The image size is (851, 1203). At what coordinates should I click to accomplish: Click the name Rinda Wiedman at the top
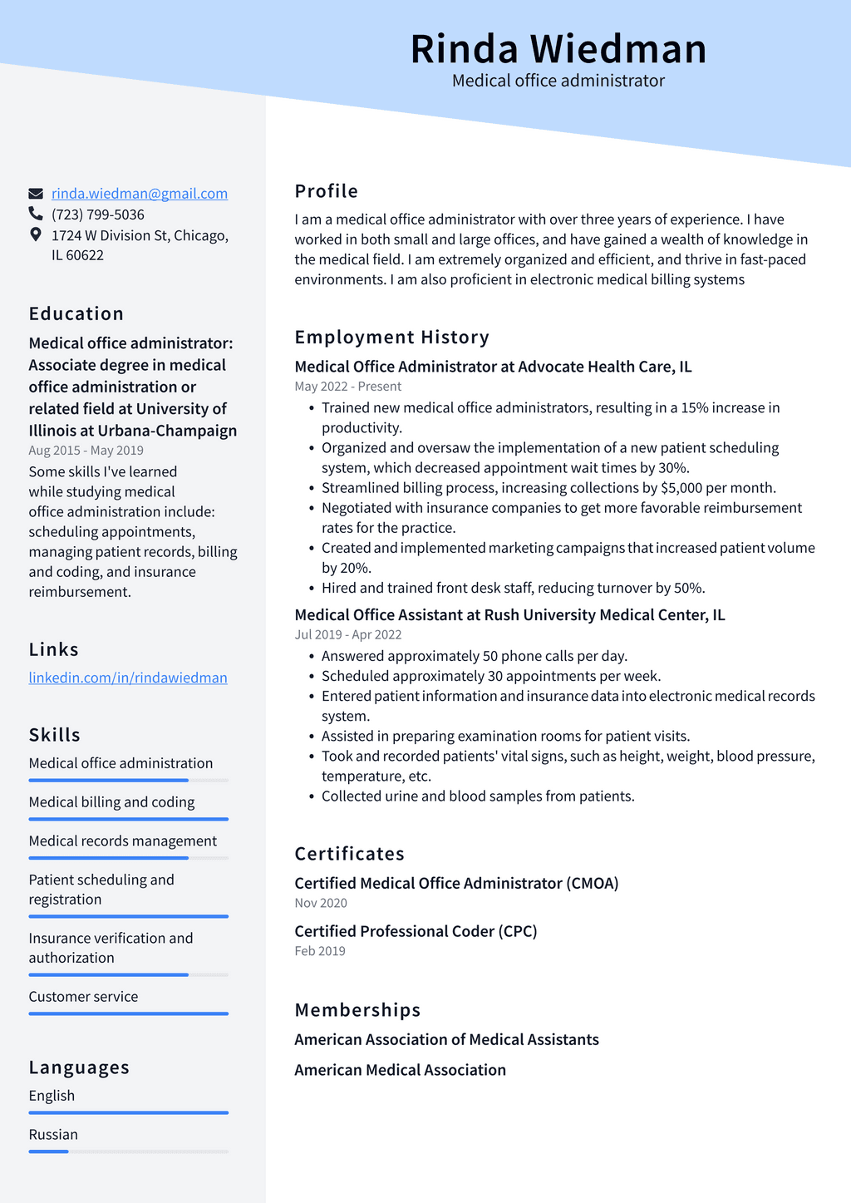point(558,49)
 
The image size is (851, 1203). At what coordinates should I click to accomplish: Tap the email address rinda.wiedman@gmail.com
point(140,194)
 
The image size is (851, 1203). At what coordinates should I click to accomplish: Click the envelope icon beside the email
point(36,194)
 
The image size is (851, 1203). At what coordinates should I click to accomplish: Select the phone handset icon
point(36,214)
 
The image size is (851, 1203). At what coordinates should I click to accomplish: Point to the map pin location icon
point(36,234)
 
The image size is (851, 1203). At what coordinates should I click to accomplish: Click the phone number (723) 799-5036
point(98,214)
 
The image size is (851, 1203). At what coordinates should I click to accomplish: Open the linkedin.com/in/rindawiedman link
point(128,678)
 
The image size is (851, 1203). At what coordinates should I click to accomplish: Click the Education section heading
point(76,313)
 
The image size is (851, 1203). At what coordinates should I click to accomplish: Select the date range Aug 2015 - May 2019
point(86,451)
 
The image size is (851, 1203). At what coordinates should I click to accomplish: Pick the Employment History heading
point(392,337)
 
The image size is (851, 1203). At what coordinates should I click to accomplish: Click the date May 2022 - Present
point(348,387)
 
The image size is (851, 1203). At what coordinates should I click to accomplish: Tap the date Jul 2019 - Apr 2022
point(348,634)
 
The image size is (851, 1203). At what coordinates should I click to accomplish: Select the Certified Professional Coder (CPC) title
point(416,931)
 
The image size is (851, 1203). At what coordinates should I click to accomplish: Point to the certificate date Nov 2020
point(321,903)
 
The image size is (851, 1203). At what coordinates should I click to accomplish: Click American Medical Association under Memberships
point(400,1070)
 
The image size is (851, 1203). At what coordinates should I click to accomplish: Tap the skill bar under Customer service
point(129,1013)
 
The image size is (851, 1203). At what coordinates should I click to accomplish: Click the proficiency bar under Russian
point(129,1151)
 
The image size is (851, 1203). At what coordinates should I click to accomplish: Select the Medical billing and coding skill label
point(112,802)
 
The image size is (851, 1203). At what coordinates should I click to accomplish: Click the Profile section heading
point(327,191)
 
